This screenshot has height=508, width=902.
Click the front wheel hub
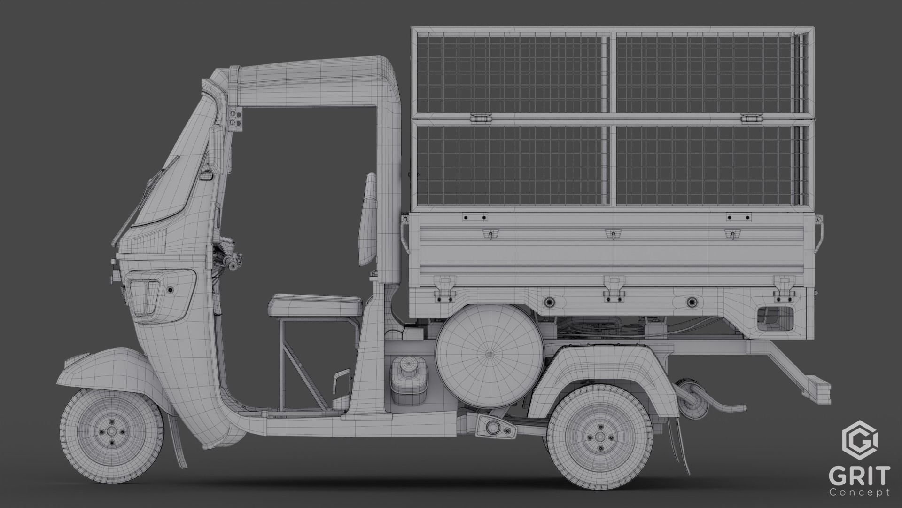pyautogui.click(x=112, y=432)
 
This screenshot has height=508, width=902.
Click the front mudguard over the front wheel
pyautogui.click(x=108, y=367)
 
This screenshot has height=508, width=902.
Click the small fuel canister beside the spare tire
pyautogui.click(x=407, y=379)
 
